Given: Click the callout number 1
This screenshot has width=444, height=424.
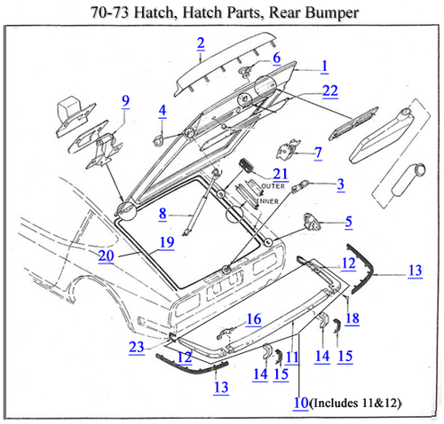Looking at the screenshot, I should click(x=324, y=66).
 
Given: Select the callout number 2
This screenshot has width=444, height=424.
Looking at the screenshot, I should click(x=201, y=43).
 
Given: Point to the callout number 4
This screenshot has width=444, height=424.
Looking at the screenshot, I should click(x=163, y=111).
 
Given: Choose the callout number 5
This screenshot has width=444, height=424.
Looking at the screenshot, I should click(x=348, y=221).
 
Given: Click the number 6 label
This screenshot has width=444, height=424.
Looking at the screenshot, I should click(x=276, y=58).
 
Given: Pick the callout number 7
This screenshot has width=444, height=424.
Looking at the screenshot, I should click(x=318, y=153).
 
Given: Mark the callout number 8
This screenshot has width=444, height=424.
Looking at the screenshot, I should click(x=163, y=213).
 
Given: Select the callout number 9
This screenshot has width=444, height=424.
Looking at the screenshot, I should click(x=125, y=100).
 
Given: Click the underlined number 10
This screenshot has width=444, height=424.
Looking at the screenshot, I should click(x=301, y=403).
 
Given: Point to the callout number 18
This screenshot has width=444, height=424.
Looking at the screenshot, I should click(x=352, y=318).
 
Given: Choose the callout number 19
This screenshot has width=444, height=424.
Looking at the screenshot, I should click(x=164, y=241).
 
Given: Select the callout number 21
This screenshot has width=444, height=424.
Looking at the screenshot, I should click(x=281, y=173).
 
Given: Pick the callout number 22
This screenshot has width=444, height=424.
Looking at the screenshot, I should click(x=330, y=90).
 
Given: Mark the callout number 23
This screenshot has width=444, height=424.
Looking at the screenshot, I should click(x=135, y=348).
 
